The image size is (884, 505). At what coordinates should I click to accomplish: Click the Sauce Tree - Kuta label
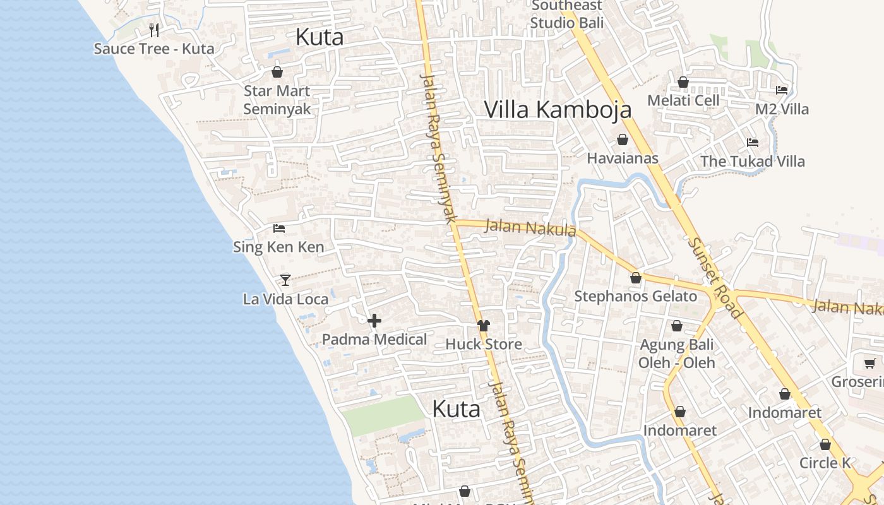(153, 49)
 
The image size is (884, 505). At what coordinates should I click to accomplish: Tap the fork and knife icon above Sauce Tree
(153, 30)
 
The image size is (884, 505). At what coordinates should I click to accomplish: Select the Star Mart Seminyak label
(277, 100)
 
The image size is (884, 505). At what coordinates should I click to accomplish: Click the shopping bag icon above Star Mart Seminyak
(277, 72)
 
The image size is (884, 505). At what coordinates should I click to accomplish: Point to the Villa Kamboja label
(558, 109)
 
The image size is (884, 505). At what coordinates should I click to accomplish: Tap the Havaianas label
(623, 158)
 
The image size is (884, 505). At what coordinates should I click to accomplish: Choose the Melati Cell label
(683, 100)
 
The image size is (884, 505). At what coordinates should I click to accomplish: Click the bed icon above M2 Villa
(782, 90)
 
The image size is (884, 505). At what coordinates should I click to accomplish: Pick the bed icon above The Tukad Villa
(752, 142)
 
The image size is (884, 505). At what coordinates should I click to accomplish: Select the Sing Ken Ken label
(278, 247)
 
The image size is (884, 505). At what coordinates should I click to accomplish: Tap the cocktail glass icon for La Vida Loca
(285, 280)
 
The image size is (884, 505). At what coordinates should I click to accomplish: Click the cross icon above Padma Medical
(374, 321)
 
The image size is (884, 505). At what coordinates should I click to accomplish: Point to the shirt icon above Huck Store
(484, 326)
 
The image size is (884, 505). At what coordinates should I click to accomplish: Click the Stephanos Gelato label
(635, 296)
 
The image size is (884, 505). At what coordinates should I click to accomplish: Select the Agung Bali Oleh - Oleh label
(676, 353)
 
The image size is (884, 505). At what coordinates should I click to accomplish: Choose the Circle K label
(825, 463)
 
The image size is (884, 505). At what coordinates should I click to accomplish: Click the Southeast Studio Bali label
(566, 15)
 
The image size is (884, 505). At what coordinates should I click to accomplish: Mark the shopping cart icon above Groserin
(869, 363)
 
